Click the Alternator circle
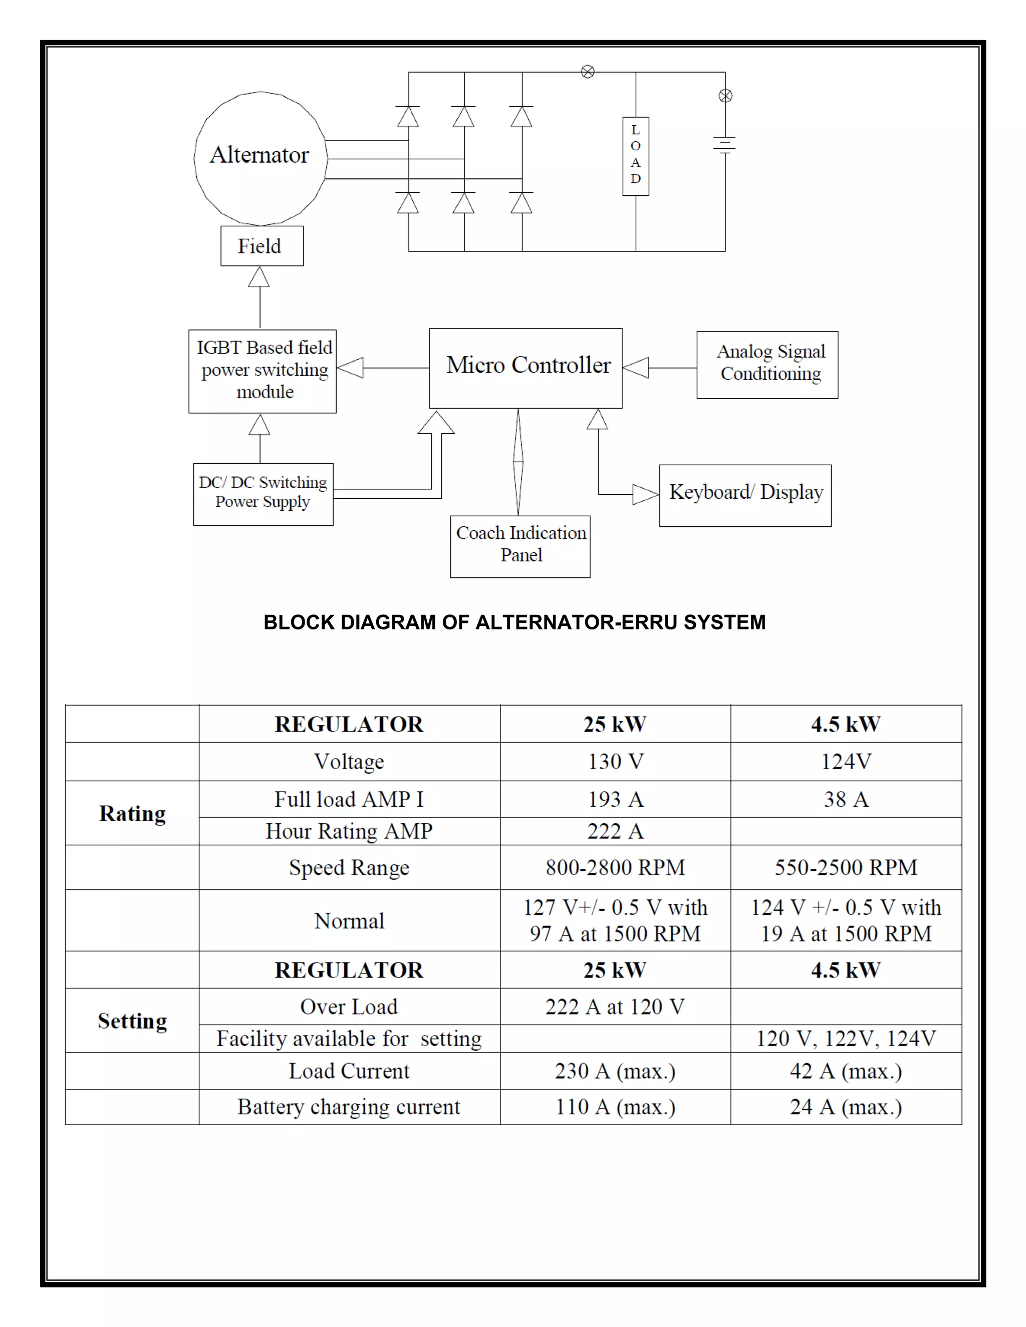(x=260, y=157)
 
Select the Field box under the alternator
(x=262, y=246)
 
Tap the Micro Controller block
(x=525, y=368)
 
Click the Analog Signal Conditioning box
(x=767, y=365)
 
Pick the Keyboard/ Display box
(x=745, y=495)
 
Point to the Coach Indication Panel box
(x=520, y=546)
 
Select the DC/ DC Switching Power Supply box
(x=263, y=494)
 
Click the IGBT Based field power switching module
(x=262, y=371)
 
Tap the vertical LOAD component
(x=635, y=156)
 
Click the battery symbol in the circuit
(x=724, y=145)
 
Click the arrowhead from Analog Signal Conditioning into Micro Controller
(x=636, y=368)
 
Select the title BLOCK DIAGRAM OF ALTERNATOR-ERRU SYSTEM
(x=514, y=622)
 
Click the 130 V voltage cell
(x=615, y=761)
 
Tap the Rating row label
(x=132, y=813)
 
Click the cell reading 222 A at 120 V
(x=615, y=1007)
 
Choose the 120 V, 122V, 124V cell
(x=846, y=1039)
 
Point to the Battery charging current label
(x=349, y=1107)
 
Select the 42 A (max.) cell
(x=846, y=1071)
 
